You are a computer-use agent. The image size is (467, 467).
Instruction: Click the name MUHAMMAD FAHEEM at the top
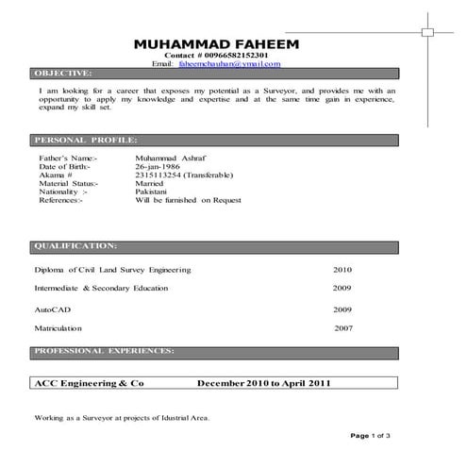point(215,44)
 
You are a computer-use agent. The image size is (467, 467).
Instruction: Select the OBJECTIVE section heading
point(62,74)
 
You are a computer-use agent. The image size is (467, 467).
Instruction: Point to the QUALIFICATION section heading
point(75,245)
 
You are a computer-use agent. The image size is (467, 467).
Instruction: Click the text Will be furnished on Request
point(190,200)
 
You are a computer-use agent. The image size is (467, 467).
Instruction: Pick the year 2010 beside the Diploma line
point(342,269)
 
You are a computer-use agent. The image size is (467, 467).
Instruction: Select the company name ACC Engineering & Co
point(89,384)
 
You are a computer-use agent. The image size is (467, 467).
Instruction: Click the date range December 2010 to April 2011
point(263,384)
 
